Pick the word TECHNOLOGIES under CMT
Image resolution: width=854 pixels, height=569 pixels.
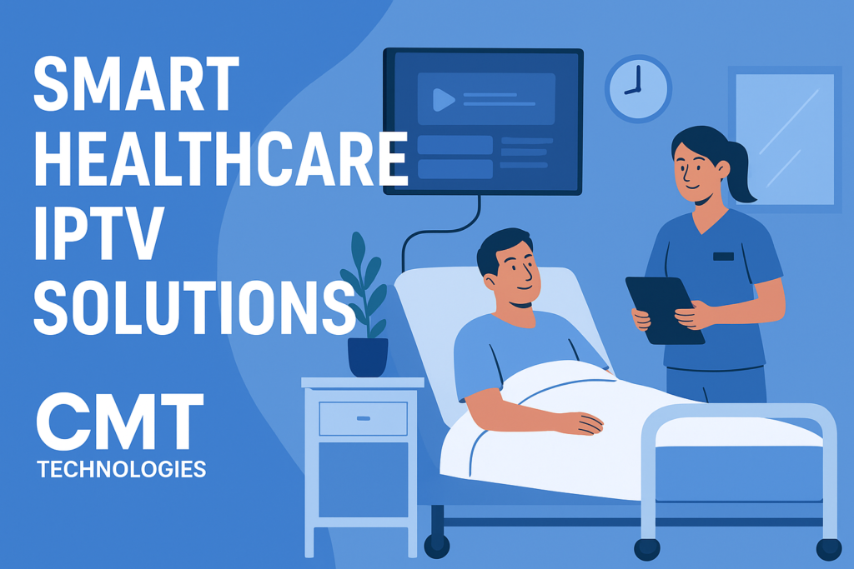122,470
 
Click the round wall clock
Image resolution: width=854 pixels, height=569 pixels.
637,88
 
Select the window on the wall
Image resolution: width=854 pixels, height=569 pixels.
785,138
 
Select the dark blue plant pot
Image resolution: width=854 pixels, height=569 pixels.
368,357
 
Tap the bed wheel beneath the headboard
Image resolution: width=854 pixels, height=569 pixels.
436,546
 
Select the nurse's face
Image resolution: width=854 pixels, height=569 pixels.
693,167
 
